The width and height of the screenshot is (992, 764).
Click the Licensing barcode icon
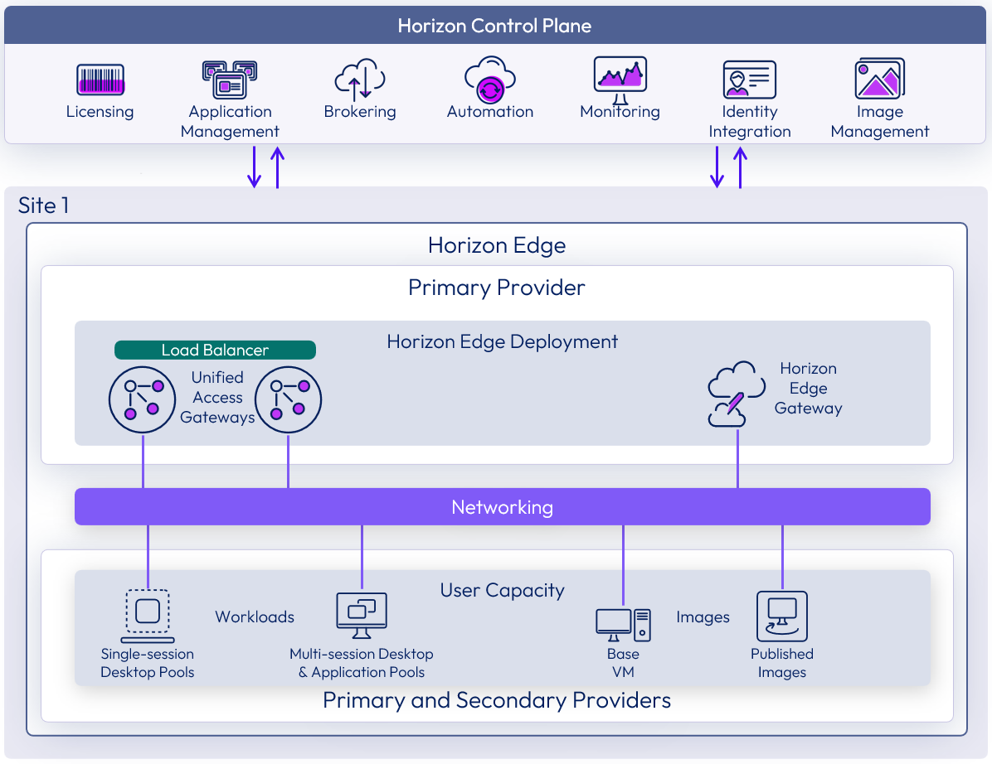(x=100, y=80)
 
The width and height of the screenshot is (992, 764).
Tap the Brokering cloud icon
(x=360, y=80)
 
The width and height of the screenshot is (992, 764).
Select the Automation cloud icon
(x=490, y=80)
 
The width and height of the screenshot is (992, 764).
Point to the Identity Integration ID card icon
(x=749, y=80)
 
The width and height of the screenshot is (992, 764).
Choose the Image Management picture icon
(x=879, y=80)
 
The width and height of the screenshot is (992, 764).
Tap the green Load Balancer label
(x=215, y=351)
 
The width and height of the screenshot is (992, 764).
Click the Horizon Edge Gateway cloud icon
(x=736, y=394)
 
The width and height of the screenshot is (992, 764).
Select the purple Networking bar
(x=503, y=507)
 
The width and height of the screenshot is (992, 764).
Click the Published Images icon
(x=782, y=617)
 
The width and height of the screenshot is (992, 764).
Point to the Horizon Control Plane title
(x=494, y=26)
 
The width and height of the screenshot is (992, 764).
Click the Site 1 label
(x=44, y=206)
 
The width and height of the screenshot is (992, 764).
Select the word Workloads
(x=255, y=617)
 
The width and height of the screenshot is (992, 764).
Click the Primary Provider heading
(x=497, y=288)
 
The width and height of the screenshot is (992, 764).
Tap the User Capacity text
(x=502, y=591)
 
